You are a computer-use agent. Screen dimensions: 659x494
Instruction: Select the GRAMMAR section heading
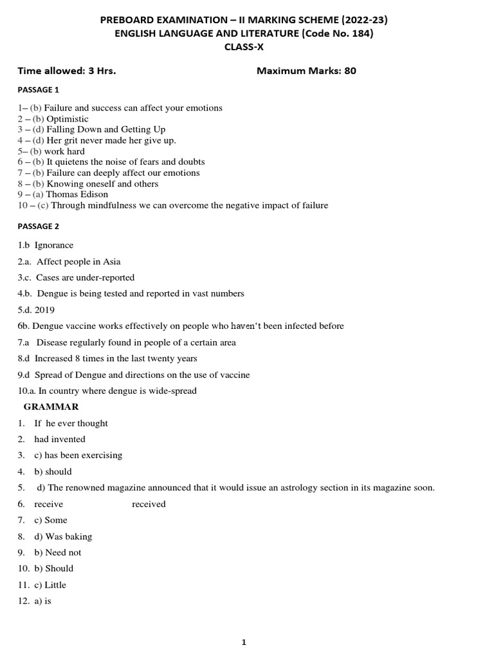[x=51, y=407]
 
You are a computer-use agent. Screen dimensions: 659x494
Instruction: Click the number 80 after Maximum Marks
[x=350, y=71]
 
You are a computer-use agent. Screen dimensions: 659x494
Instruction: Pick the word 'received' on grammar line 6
[x=149, y=504]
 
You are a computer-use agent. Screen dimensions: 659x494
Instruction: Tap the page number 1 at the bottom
[x=244, y=642]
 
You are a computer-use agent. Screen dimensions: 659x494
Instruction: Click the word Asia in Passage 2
[x=111, y=261]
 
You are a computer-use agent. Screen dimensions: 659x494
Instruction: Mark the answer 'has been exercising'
[x=83, y=455]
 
